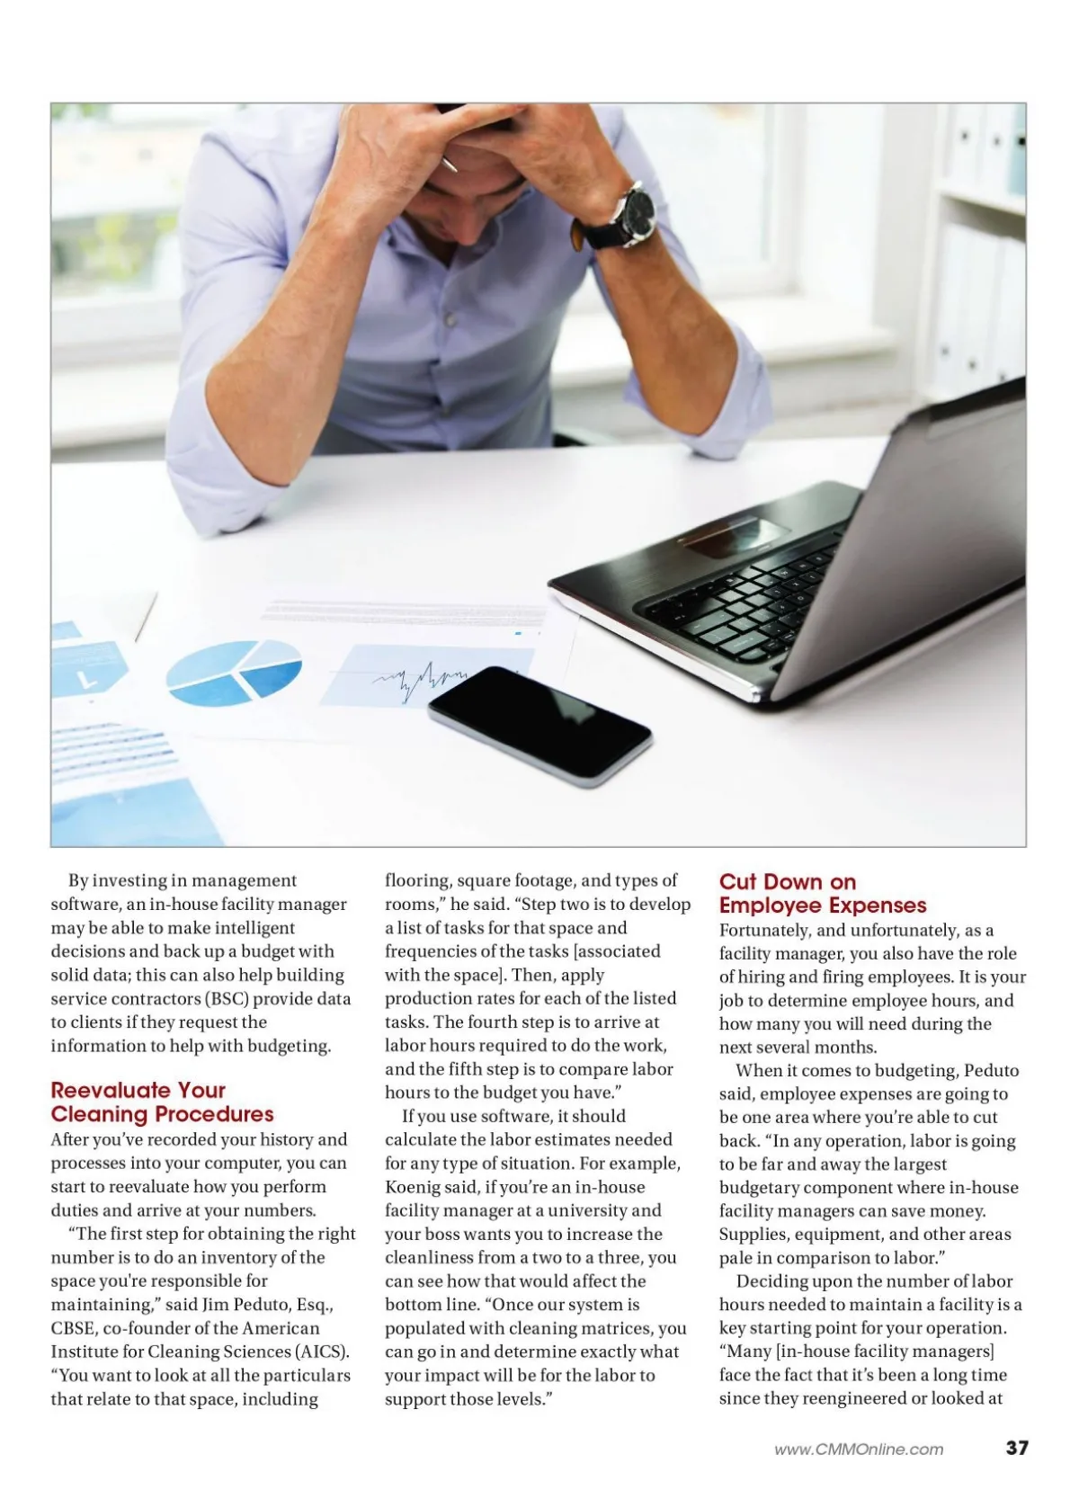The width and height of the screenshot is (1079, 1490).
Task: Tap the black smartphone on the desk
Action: coord(539,725)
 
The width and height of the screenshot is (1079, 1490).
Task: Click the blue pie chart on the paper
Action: coord(235,672)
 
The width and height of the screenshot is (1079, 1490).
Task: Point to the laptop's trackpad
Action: coord(733,538)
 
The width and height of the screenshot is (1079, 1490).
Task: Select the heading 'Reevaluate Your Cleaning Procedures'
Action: coord(162,1102)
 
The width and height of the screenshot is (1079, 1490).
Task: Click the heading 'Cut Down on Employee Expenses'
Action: coord(822,893)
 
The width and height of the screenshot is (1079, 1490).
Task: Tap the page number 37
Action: coord(1016,1448)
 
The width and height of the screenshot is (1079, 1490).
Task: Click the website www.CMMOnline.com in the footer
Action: coord(859,1449)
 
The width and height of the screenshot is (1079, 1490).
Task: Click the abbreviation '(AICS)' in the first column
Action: coord(322,1351)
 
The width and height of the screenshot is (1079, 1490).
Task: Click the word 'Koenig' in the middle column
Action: coord(413,1187)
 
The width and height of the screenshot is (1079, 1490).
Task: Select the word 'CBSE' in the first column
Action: coord(73,1327)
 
